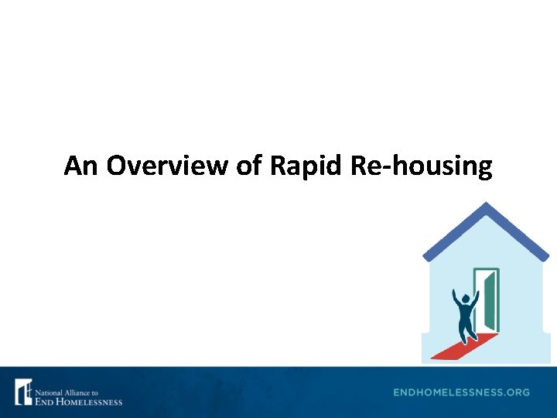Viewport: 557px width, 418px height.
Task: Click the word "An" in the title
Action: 82,166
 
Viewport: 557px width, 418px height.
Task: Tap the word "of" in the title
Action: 249,166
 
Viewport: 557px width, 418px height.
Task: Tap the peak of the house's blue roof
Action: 485,206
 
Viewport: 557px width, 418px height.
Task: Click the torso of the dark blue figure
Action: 466,313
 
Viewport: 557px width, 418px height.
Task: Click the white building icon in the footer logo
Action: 22,392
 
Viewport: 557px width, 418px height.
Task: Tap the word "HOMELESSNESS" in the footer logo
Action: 87,401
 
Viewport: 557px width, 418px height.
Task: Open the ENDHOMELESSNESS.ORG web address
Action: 461,392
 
